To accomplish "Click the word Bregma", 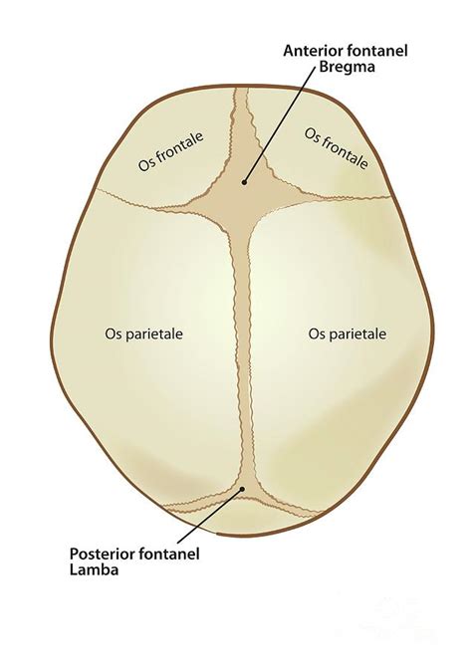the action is pyautogui.click(x=347, y=68).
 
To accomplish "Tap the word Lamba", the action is pyautogui.click(x=94, y=569).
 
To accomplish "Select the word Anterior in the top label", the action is pyautogui.click(x=314, y=51).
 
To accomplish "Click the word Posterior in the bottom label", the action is pyautogui.click(x=104, y=554).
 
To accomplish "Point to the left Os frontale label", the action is pyautogui.click(x=170, y=151).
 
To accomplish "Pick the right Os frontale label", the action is pyautogui.click(x=337, y=148).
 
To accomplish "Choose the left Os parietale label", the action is pyautogui.click(x=143, y=333).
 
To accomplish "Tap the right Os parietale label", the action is pyautogui.click(x=348, y=333).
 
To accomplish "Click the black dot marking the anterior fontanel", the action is pyautogui.click(x=244, y=182).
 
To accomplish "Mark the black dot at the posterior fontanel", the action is pyautogui.click(x=242, y=489).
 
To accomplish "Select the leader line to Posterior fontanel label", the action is pyautogui.click(x=210, y=516).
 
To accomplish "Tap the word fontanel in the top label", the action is pyautogui.click(x=377, y=51).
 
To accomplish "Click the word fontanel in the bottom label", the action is pyautogui.click(x=170, y=554).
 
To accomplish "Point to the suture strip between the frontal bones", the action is pyautogui.click(x=244, y=127).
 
